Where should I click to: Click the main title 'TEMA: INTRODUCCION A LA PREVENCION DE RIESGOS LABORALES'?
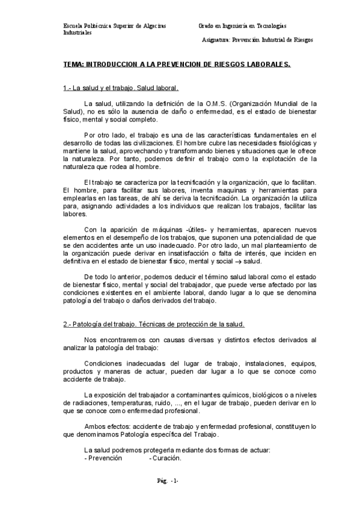click(177, 64)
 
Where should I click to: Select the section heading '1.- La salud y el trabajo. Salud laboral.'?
click(120, 88)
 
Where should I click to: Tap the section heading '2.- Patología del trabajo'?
click(154, 324)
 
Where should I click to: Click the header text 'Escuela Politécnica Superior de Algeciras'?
click(115, 26)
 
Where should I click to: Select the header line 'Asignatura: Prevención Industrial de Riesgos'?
click(258, 40)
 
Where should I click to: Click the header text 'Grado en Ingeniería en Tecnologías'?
click(242, 26)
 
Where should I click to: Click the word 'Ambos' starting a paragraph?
click(96, 426)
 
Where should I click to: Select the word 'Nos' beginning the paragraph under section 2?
click(90, 340)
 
